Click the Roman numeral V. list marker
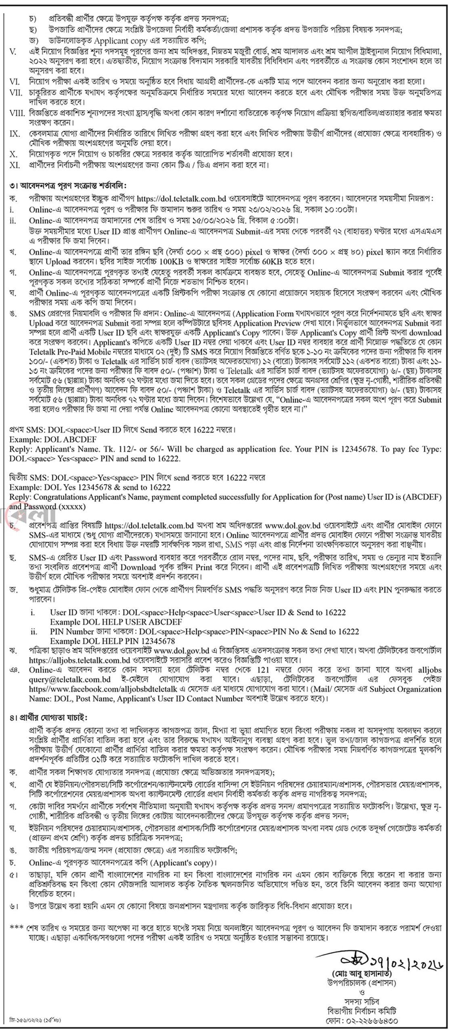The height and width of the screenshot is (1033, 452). tap(13, 52)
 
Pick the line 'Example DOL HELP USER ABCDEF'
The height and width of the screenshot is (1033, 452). tap(116, 622)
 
